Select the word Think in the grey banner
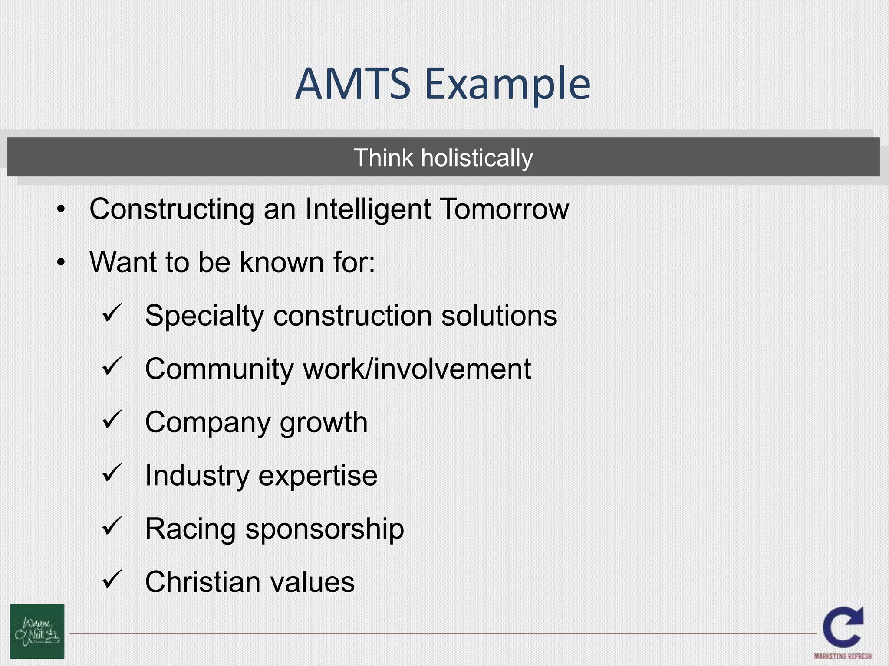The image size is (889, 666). click(383, 158)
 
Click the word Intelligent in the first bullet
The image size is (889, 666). click(368, 210)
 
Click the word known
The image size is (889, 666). click(281, 263)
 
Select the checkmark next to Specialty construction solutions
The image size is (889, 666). click(113, 313)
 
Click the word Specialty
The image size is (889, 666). click(204, 316)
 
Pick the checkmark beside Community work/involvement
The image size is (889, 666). click(113, 366)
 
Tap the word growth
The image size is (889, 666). click(324, 423)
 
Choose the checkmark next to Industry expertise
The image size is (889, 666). click(113, 473)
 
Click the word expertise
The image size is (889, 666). click(318, 476)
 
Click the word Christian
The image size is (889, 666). click(201, 582)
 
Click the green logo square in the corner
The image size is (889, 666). click(37, 631)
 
